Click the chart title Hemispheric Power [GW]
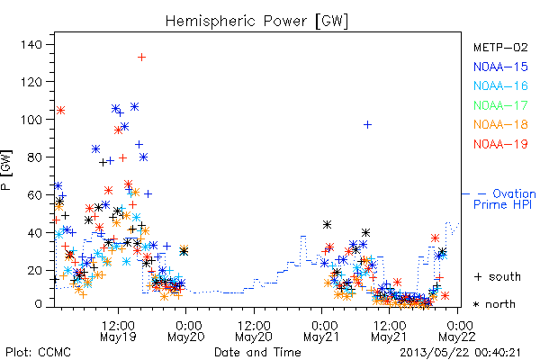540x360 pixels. (256, 21)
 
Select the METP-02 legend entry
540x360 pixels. (500, 47)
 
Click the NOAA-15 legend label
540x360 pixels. (500, 67)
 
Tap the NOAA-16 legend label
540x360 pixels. (500, 85)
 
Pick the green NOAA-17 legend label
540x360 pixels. (500, 105)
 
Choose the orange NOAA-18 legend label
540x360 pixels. (500, 124)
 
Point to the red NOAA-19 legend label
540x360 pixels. (500, 144)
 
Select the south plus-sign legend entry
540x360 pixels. (498, 276)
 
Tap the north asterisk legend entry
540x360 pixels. (494, 304)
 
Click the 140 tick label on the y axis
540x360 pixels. (31, 44)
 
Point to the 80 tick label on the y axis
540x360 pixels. (35, 157)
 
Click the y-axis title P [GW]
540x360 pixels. (6, 170)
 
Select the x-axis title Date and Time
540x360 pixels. (257, 353)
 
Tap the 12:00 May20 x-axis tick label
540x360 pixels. (254, 331)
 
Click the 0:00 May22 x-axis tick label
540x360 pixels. (457, 331)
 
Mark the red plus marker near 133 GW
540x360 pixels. (141, 58)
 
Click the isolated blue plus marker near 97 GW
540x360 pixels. (367, 124)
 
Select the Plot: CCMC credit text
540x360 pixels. (38, 353)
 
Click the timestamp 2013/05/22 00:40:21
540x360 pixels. (460, 353)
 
